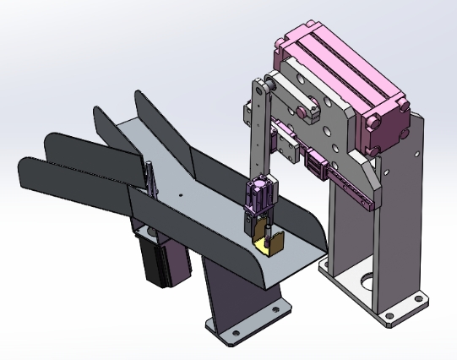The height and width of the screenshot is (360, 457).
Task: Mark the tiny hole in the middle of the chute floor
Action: (180, 195)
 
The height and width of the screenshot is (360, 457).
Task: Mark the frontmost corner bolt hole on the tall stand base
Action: (389, 318)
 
